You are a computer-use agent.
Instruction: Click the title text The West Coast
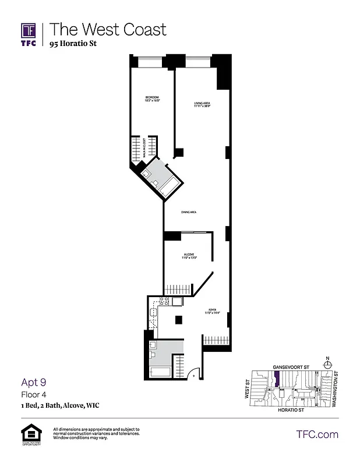point(107,30)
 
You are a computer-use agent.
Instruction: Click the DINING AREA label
point(188,212)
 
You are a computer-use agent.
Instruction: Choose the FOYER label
point(211,311)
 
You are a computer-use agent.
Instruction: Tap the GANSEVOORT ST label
point(290,368)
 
